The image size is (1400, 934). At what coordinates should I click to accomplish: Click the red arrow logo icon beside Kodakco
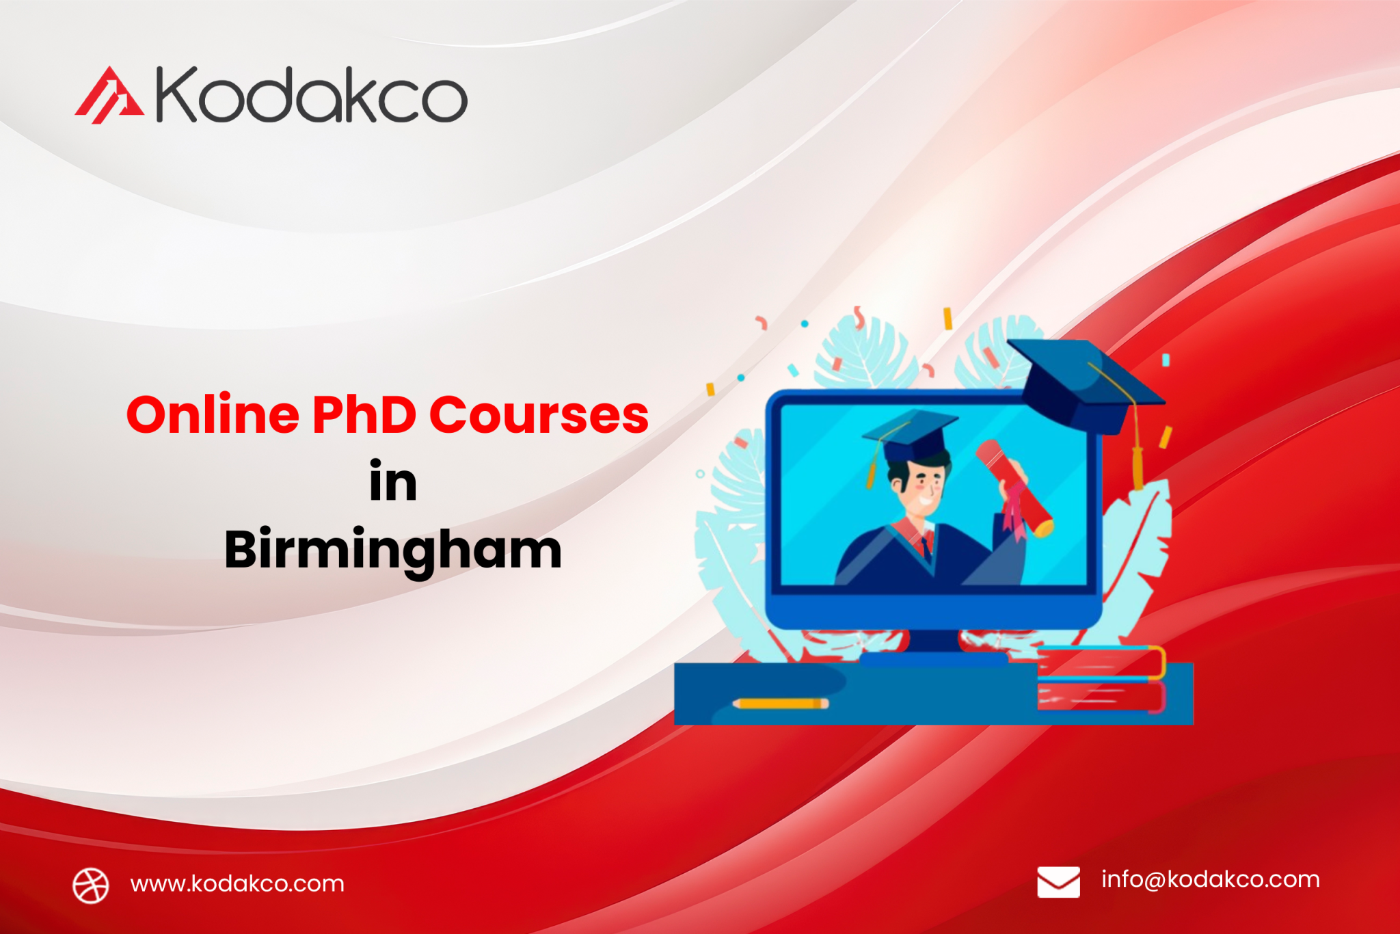click(x=109, y=96)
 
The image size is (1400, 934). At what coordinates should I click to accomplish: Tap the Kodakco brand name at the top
click(x=312, y=95)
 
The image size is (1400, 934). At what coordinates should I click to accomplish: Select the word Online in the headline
click(x=213, y=415)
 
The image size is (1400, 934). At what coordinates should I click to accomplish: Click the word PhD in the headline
click(x=364, y=415)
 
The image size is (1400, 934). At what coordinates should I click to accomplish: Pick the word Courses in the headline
click(x=539, y=415)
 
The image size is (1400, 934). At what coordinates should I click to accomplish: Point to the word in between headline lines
click(x=393, y=482)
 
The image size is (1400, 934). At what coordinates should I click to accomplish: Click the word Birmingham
click(x=393, y=550)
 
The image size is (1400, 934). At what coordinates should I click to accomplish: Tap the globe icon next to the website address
click(x=91, y=885)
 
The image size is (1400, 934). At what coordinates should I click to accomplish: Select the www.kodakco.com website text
click(x=237, y=884)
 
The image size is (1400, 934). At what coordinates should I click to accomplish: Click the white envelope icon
click(x=1058, y=881)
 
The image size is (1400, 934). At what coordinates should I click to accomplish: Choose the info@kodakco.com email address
click(x=1210, y=879)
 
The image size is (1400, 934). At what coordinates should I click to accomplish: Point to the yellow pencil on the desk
click(x=780, y=703)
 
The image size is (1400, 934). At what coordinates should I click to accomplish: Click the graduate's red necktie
click(x=925, y=546)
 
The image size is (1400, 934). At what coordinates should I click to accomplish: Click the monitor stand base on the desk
click(x=933, y=658)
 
